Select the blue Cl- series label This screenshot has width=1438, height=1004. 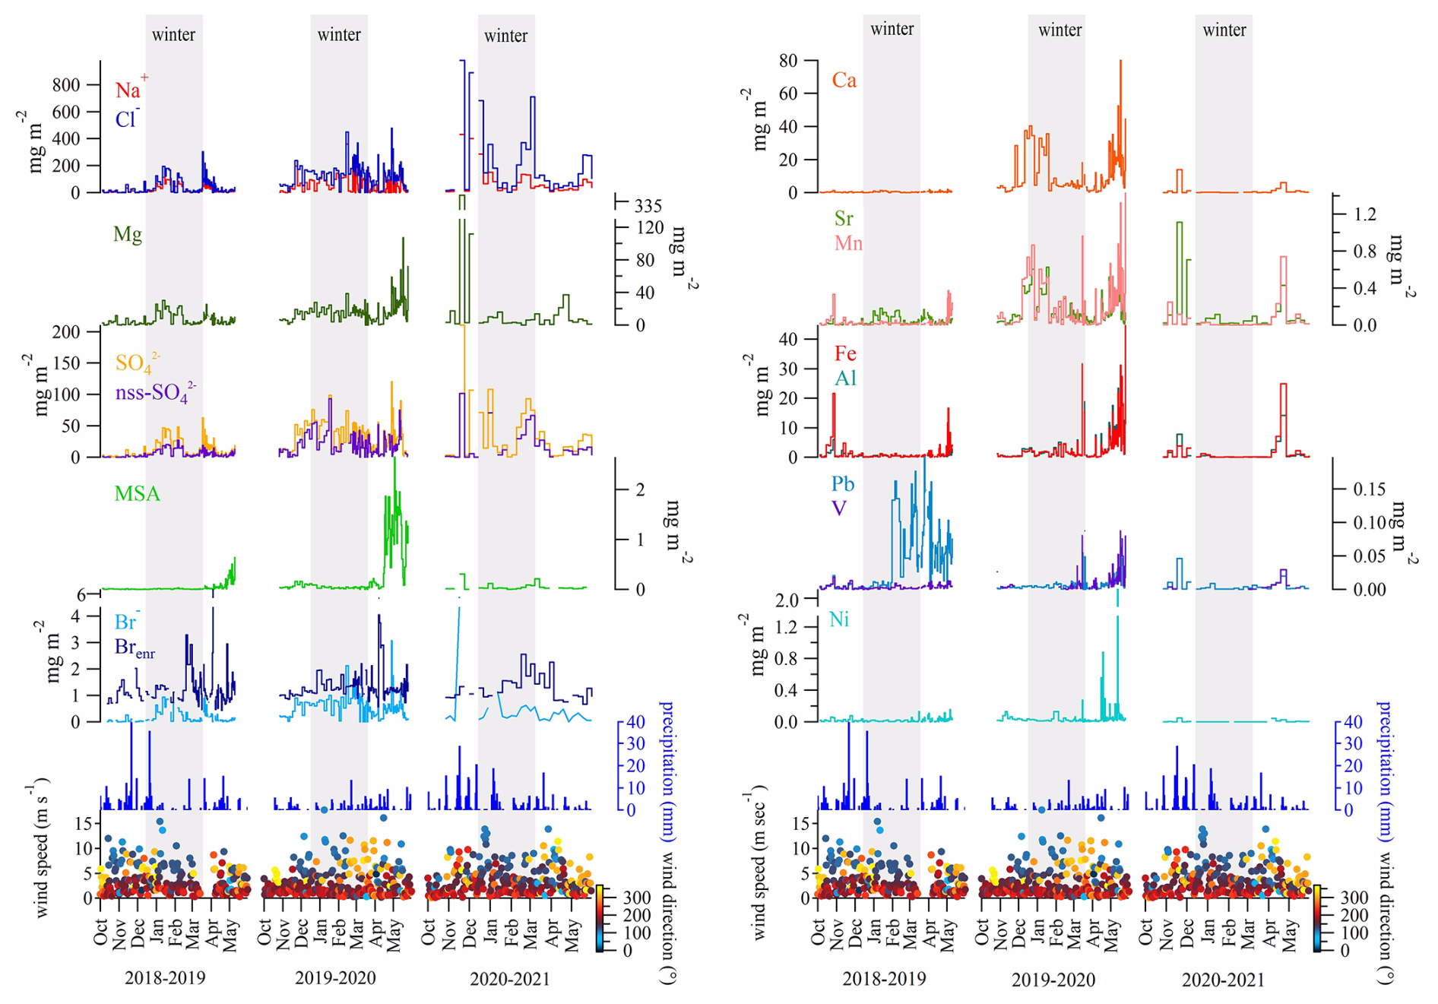click(x=126, y=119)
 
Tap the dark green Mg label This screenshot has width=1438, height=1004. click(x=127, y=234)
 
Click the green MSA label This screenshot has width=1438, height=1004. click(x=137, y=494)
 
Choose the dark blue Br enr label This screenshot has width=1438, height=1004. click(x=134, y=648)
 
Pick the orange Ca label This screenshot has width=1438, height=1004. click(x=844, y=81)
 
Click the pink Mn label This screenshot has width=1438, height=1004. click(x=848, y=243)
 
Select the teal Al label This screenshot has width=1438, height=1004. click(x=845, y=378)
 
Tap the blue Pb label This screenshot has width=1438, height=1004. click(x=842, y=484)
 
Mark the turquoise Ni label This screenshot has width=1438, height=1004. click(x=839, y=619)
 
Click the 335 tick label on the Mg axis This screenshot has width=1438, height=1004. click(x=648, y=206)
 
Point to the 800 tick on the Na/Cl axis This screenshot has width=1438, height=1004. click(x=66, y=84)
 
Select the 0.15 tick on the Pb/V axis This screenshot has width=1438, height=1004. click(x=1369, y=489)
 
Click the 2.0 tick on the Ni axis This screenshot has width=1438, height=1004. click(x=783, y=600)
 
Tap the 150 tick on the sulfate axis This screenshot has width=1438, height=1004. click(x=65, y=363)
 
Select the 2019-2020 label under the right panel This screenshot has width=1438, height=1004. click(x=1053, y=980)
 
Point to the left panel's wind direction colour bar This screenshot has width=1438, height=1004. click(x=600, y=918)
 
